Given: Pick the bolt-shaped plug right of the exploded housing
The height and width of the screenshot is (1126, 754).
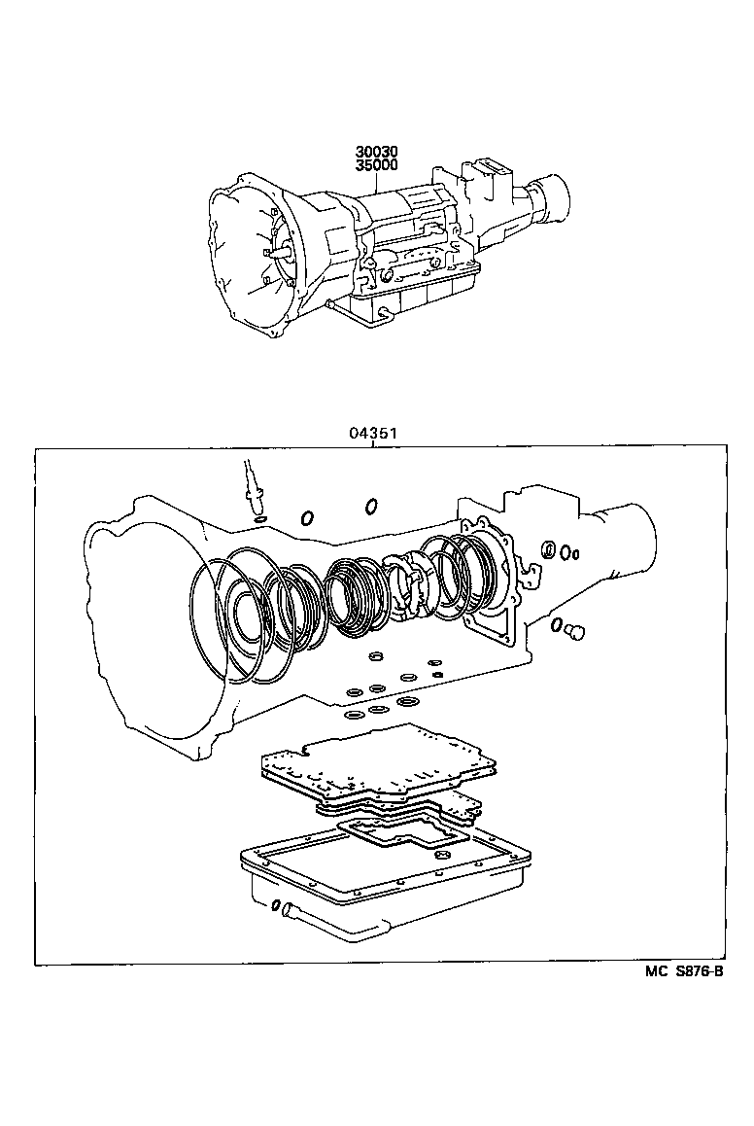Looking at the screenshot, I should pos(575,633).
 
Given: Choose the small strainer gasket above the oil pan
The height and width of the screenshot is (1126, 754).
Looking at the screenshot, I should pos(398,833).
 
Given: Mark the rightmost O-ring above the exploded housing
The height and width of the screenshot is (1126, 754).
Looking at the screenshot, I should pos(371,506).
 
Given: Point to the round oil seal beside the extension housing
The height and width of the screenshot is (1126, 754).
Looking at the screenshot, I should pos(549,550).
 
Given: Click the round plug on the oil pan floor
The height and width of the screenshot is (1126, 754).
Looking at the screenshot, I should pos(441,856).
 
